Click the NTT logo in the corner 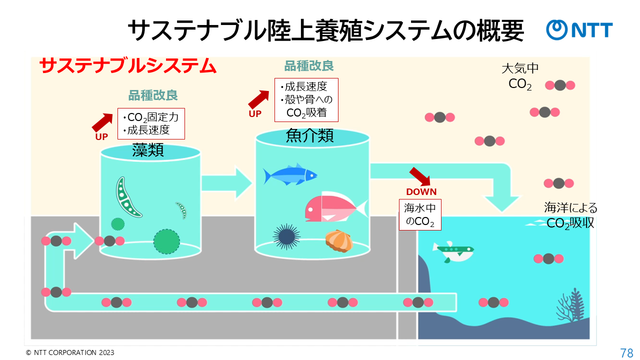coord(579,30)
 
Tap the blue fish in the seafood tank coord(290,174)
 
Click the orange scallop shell coord(339,240)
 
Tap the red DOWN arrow coord(419,177)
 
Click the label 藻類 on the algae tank coord(148,149)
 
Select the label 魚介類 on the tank coord(310,136)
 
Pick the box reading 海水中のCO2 coord(420,214)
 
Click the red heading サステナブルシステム coord(127,66)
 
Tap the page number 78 coord(626,352)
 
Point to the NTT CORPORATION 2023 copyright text coord(70,352)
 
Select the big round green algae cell coord(166,240)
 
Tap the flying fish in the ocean coord(453,251)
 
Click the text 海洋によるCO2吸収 coord(570,215)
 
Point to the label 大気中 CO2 coord(520,76)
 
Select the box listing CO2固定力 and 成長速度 coord(151,124)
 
